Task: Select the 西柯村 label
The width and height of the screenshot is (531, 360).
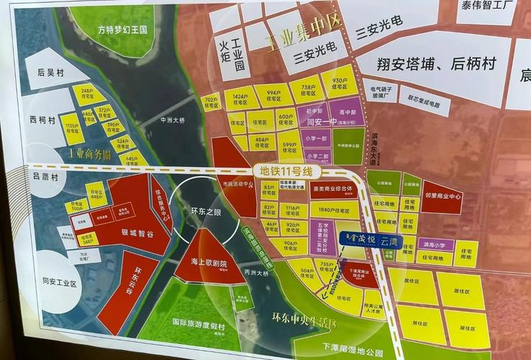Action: coord(42,121)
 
